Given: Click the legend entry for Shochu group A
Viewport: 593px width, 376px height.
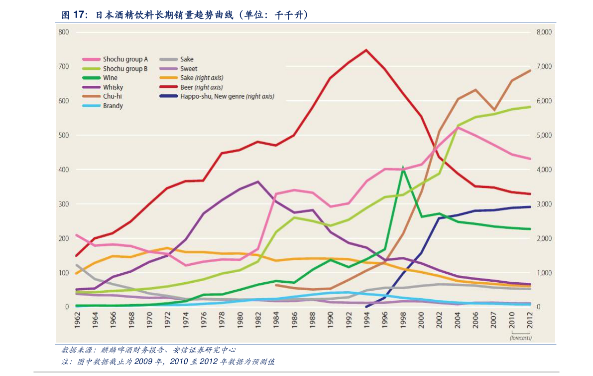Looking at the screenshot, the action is (115, 59).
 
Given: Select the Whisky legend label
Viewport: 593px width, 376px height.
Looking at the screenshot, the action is (103, 87).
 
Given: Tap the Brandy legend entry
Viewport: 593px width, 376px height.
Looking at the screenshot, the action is (103, 106).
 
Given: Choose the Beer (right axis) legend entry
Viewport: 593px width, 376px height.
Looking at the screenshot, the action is (191, 87).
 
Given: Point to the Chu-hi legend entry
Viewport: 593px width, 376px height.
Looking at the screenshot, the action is (102, 96).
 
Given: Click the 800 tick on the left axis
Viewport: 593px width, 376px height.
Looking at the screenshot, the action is (64, 32).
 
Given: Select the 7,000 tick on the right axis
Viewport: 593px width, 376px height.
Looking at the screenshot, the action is (544, 66).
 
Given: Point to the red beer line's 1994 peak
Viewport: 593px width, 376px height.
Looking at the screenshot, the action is (366, 49).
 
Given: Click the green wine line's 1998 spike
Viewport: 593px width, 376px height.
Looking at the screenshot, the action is (403, 167).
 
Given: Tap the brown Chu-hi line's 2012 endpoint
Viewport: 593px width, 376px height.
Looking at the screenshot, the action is (529, 70).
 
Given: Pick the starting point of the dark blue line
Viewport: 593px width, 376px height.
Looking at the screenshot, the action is (366, 307).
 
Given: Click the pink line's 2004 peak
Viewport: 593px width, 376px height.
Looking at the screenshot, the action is (458, 127).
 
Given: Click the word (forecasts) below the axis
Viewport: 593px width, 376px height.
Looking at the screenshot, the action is (521, 338).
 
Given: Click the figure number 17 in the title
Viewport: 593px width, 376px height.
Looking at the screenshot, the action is (78, 14).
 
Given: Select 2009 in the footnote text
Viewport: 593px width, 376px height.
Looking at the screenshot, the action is (143, 362).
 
